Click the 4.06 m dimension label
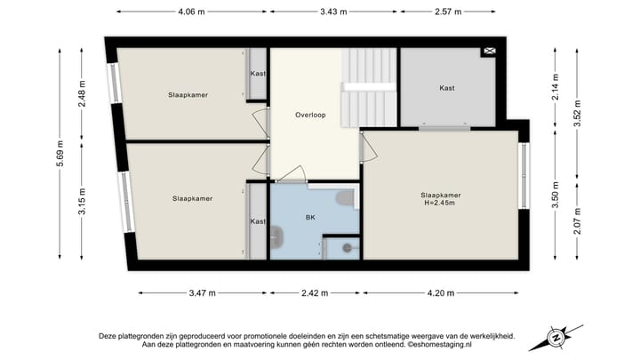(191, 12)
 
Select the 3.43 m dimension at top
(334, 12)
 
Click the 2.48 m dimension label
(82, 94)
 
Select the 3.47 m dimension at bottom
(203, 292)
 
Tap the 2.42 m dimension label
(315, 292)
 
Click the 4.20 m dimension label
(442, 292)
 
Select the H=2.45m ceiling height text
(441, 204)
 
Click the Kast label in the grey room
(447, 88)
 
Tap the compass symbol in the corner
(557, 337)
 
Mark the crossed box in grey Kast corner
(489, 52)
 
